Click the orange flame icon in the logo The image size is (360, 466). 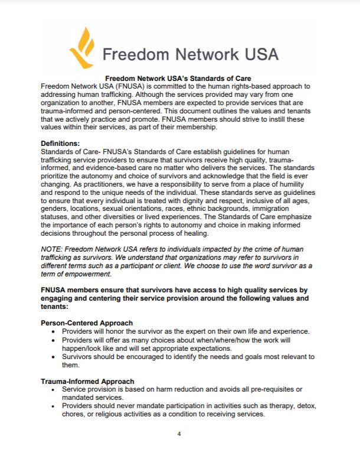tap(82, 47)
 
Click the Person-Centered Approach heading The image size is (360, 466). tap(86, 323)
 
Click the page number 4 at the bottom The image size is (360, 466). tap(179, 434)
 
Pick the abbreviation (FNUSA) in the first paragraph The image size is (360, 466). tap(136, 86)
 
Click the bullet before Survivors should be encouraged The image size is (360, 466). tap(55, 357)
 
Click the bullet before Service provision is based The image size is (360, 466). tap(55, 390)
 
